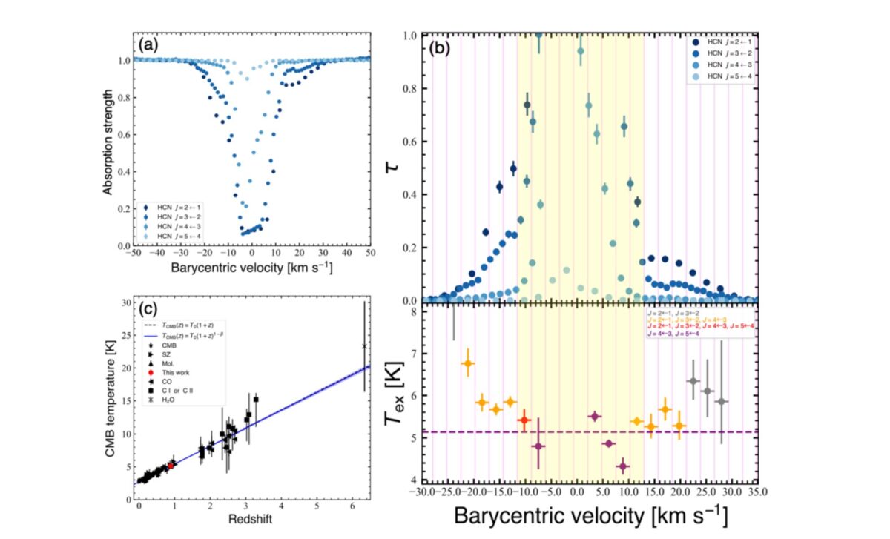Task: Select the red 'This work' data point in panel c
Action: click(x=171, y=465)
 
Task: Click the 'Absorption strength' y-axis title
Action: click(x=108, y=142)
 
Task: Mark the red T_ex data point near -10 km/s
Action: click(x=524, y=420)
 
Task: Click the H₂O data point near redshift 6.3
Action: click(x=364, y=346)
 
